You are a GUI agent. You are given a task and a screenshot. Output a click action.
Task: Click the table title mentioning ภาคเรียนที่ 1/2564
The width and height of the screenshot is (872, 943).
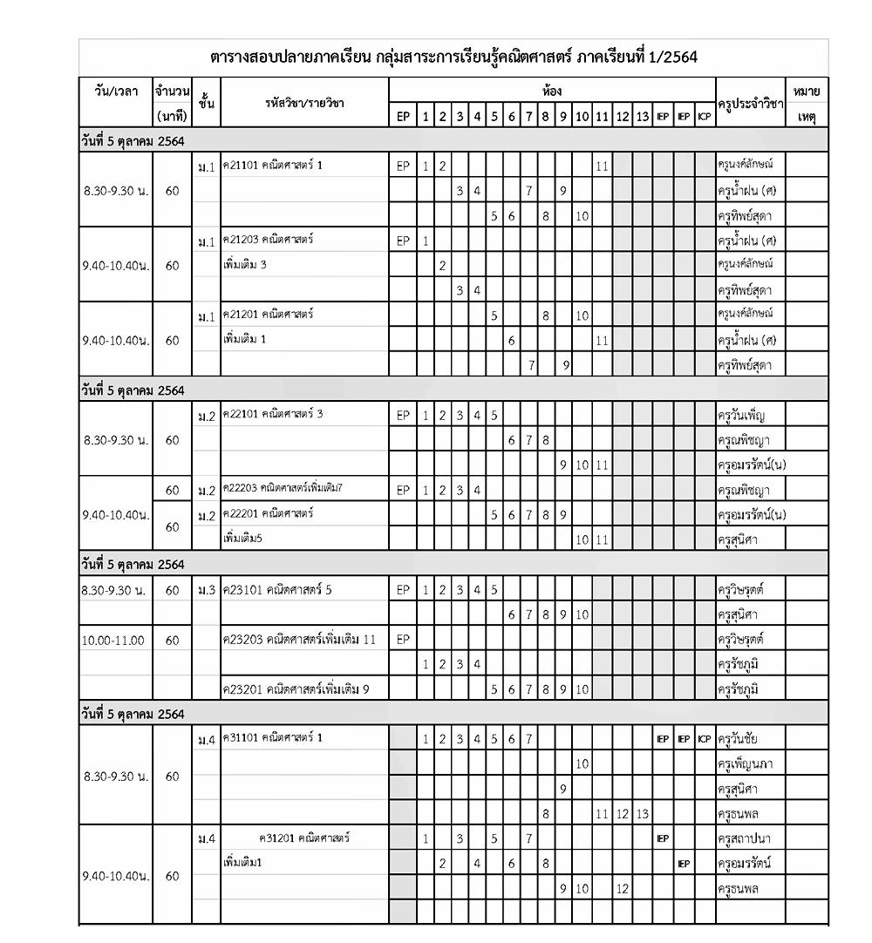click(453, 58)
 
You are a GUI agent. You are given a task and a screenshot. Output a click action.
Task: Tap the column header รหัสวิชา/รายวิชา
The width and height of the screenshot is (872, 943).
click(304, 103)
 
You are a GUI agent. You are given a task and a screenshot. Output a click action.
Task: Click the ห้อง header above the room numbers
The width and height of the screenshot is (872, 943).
click(551, 91)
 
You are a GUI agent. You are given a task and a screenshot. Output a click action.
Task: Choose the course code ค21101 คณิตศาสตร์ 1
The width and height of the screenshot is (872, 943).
click(273, 165)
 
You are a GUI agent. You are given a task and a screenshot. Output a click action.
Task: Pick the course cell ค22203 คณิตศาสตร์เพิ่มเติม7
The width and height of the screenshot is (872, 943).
click(283, 489)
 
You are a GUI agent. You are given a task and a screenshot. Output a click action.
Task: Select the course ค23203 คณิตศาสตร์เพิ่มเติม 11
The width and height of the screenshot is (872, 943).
click(299, 640)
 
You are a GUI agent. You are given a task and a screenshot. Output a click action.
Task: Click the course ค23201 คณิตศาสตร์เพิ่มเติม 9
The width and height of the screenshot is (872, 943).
click(296, 689)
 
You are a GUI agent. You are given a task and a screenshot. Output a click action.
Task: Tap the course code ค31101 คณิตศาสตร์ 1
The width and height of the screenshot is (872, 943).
click(273, 738)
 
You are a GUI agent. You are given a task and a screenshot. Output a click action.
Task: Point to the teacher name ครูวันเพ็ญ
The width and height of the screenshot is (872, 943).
click(742, 415)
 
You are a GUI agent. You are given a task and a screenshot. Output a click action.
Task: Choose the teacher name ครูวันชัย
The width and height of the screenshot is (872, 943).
click(742, 739)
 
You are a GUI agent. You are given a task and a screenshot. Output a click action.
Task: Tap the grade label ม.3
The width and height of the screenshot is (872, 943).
click(206, 591)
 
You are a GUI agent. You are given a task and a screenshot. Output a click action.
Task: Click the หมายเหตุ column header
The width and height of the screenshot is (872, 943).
click(807, 103)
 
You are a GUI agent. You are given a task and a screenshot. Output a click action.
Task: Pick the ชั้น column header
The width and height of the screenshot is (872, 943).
click(206, 103)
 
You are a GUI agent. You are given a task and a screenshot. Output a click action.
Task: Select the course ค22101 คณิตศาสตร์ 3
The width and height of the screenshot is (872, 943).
click(273, 414)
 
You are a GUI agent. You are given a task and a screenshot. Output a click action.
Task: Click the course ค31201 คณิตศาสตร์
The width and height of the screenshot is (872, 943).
click(304, 838)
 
